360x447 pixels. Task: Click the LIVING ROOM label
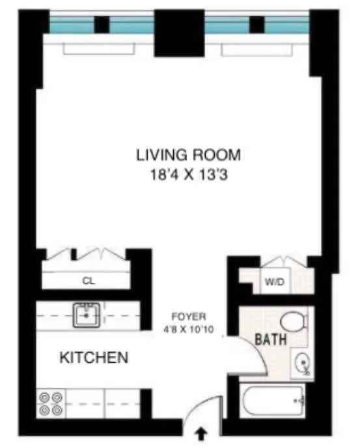[189, 155]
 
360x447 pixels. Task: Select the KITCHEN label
[93, 357]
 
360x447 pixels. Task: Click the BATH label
[268, 339]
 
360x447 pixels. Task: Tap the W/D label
[271, 283]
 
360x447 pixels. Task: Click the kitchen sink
[87, 315]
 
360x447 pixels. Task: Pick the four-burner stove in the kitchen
[51, 403]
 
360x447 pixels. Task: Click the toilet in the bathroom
[293, 321]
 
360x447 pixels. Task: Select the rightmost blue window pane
[287, 26]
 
